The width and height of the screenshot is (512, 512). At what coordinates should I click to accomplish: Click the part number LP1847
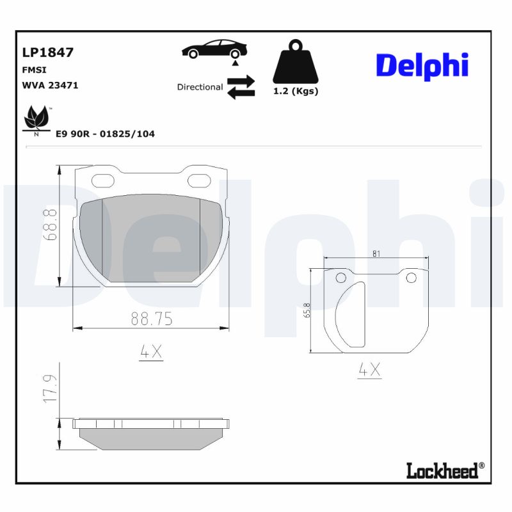point(48,52)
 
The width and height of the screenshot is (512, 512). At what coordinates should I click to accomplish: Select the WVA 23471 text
point(50,85)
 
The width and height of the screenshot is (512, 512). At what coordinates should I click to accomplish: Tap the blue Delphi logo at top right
point(422,65)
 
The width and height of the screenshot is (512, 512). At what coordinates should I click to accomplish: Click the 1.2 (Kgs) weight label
point(296,91)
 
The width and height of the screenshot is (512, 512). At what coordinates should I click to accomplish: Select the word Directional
point(200,87)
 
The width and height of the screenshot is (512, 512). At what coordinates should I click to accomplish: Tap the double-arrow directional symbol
point(241,87)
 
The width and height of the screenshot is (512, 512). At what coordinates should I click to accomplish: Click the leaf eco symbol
point(36,120)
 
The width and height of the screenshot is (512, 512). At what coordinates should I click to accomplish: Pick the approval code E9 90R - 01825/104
point(105,134)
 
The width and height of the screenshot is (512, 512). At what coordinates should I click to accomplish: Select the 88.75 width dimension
point(152,318)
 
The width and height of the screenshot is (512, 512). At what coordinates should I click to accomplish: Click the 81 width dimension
point(376,253)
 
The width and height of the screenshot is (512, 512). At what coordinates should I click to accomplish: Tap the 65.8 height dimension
point(307,310)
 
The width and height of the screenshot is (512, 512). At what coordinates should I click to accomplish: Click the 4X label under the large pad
point(151,351)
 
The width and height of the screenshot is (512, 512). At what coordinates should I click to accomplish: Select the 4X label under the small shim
point(369,369)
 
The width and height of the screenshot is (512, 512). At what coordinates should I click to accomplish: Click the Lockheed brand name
point(442,471)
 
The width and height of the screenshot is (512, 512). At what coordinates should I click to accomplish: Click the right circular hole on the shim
point(411,277)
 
